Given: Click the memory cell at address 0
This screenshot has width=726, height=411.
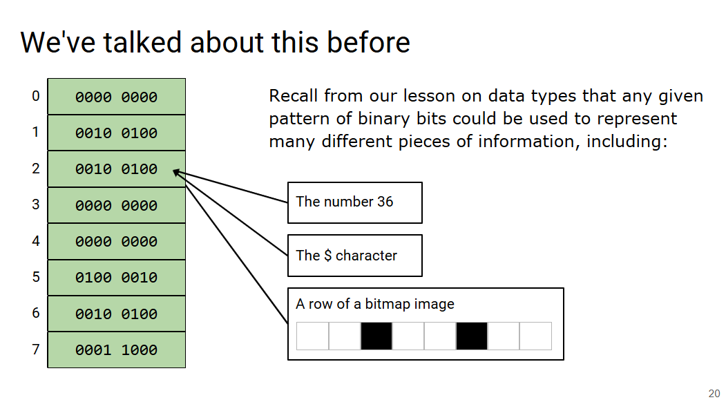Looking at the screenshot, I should (116, 97).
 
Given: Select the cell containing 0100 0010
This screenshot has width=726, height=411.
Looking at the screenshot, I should (116, 278).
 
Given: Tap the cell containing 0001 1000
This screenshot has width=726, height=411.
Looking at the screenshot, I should (116, 350).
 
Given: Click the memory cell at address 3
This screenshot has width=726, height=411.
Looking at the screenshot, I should (116, 205).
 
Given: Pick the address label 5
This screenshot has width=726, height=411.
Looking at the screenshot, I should (36, 277).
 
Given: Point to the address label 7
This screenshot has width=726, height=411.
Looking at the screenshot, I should (36, 349).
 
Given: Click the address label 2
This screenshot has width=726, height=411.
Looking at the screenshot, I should (36, 169).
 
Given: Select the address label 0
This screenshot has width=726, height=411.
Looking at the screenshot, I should (36, 96).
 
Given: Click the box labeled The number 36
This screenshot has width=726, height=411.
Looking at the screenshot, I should (354, 202).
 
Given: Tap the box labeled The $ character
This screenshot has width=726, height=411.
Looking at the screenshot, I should (354, 256).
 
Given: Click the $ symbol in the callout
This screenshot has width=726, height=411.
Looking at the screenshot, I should (327, 256).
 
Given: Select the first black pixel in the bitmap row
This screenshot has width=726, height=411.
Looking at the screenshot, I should (376, 336).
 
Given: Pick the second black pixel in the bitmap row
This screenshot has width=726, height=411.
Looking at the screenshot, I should (472, 336).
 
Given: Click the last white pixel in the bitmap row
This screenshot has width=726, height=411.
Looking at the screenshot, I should (535, 336).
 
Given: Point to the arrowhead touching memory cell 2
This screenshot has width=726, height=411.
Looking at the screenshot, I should (176, 172).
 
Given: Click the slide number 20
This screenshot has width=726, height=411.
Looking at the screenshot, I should (714, 394).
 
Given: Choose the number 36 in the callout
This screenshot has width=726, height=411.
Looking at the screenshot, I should (385, 202).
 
